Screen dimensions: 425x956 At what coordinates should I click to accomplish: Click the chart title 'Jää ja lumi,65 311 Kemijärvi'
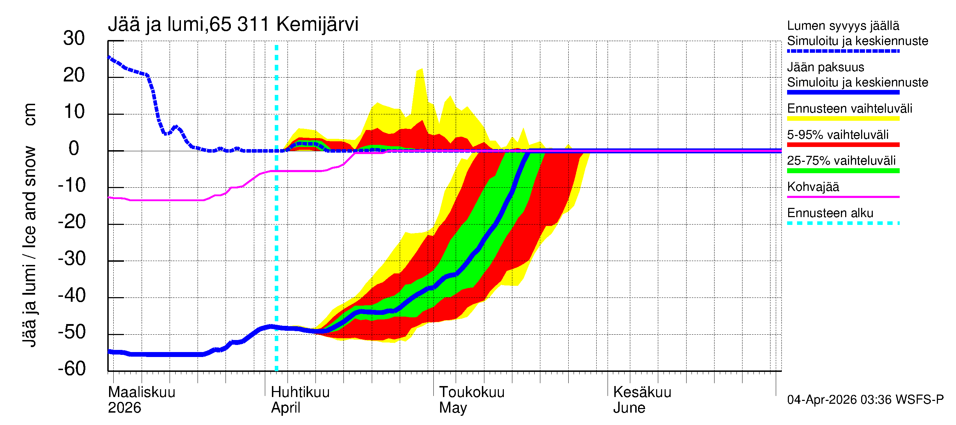[x=233, y=24]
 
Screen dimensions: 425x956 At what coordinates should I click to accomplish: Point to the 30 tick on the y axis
[x=74, y=38]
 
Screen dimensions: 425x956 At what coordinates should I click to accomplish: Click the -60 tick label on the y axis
[x=72, y=369]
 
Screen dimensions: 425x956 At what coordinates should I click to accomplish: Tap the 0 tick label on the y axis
[x=74, y=148]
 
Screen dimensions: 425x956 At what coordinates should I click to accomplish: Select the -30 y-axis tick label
[x=72, y=259]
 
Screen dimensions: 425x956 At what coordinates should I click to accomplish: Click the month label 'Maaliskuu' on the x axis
[x=141, y=392]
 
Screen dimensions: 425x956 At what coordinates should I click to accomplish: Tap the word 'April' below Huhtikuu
[x=285, y=408]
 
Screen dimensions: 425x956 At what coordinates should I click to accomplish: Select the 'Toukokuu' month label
[x=472, y=392]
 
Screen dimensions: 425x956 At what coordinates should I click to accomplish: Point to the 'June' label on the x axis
[x=629, y=408]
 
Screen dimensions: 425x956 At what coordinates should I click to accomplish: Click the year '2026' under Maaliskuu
[x=124, y=408]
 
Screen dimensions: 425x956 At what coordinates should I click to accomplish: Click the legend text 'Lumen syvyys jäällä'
[x=843, y=25]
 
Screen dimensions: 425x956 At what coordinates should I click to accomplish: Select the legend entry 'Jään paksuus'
[x=826, y=67]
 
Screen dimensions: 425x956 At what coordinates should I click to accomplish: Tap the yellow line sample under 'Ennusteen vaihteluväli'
[x=843, y=119]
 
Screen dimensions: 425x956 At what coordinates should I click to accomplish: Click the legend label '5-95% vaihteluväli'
[x=838, y=135]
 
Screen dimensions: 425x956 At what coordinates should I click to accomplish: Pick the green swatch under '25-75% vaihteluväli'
[x=843, y=171]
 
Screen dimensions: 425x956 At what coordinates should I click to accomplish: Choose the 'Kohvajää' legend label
[x=813, y=187]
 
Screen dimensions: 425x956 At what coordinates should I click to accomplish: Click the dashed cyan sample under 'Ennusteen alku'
[x=843, y=223]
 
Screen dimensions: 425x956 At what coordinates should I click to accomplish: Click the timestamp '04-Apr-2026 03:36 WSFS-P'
[x=865, y=400]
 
